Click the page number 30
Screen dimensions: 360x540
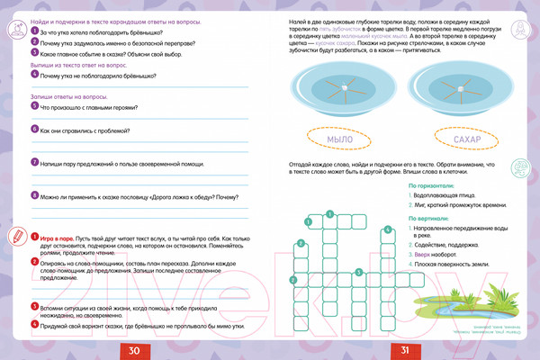(134, 350)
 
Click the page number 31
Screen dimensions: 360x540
(405, 350)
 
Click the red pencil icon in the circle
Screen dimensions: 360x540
(14, 237)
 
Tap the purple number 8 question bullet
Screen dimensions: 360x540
(32, 195)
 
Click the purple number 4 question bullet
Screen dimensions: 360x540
(32, 76)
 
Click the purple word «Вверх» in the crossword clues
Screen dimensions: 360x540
(426, 255)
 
